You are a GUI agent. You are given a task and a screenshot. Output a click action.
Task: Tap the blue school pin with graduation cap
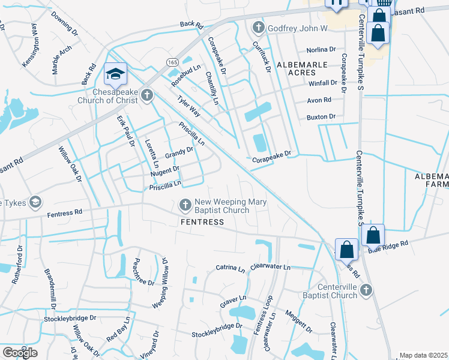pyautogui.click(x=115, y=74)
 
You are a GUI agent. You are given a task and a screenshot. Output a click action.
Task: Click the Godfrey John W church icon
pyautogui.click(x=258, y=28)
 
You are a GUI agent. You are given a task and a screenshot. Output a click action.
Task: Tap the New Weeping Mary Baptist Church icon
pyautogui.click(x=185, y=206)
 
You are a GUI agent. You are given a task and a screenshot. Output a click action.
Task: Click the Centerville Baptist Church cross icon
pyautogui.click(x=366, y=290)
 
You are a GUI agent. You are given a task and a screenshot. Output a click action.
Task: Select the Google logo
pyautogui.click(x=20, y=352)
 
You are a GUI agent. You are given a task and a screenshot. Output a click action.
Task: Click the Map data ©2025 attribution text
pyautogui.click(x=423, y=355)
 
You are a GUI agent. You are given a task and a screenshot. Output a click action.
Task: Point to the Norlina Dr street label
pyautogui.click(x=321, y=49)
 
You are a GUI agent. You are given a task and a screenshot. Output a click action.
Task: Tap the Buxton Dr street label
pyautogui.click(x=321, y=116)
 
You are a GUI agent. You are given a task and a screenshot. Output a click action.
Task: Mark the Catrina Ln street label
pyautogui.click(x=231, y=268)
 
